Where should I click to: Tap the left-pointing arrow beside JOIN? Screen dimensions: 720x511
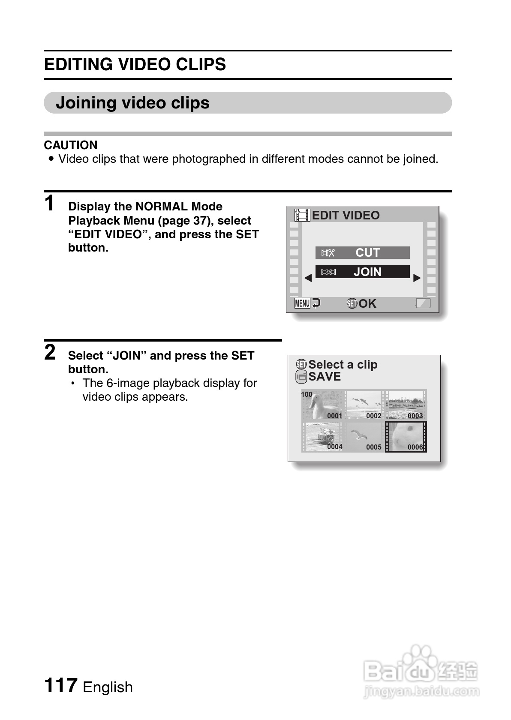308,278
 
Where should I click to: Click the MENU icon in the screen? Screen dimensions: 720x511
302,303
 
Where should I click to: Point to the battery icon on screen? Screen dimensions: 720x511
423,303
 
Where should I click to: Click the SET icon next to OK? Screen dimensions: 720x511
352,303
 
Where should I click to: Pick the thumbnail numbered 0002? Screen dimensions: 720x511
364,405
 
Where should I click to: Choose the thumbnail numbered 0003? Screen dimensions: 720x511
405,405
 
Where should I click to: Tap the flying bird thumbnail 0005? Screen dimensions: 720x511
364,437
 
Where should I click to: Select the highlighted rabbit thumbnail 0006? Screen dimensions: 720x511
406,437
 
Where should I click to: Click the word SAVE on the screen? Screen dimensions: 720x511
325,377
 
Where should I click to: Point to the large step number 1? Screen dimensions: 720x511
50,203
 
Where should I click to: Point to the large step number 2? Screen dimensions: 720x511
50,353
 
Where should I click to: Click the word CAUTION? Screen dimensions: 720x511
71,145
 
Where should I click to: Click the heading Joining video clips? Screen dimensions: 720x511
132,103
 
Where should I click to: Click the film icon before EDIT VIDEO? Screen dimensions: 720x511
302,215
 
